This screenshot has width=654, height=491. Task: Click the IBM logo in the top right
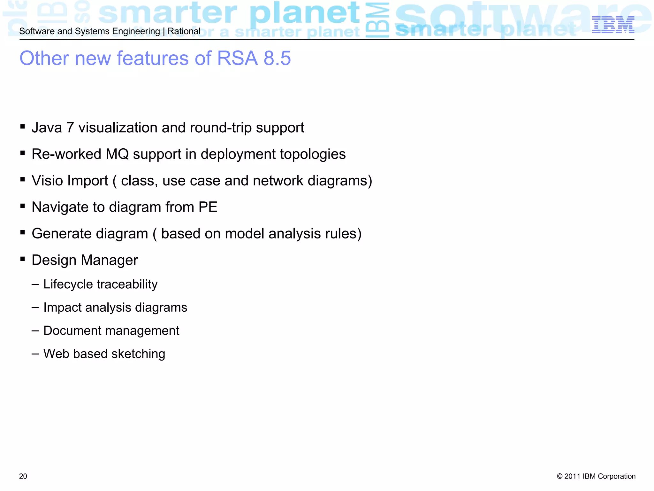click(613, 25)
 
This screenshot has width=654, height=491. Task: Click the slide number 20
click(23, 476)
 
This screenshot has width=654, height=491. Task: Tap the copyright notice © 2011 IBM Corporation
click(596, 476)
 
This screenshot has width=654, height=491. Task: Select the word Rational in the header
click(184, 31)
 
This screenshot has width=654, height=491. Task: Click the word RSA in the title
click(237, 58)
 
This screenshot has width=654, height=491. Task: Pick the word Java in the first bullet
click(47, 128)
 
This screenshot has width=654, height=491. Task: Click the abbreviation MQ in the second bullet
click(117, 154)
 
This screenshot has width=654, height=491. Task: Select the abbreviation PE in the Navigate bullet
click(208, 207)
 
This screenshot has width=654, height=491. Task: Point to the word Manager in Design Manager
click(110, 260)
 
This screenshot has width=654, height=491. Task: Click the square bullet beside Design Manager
click(23, 259)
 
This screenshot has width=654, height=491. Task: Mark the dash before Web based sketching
click(35, 354)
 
